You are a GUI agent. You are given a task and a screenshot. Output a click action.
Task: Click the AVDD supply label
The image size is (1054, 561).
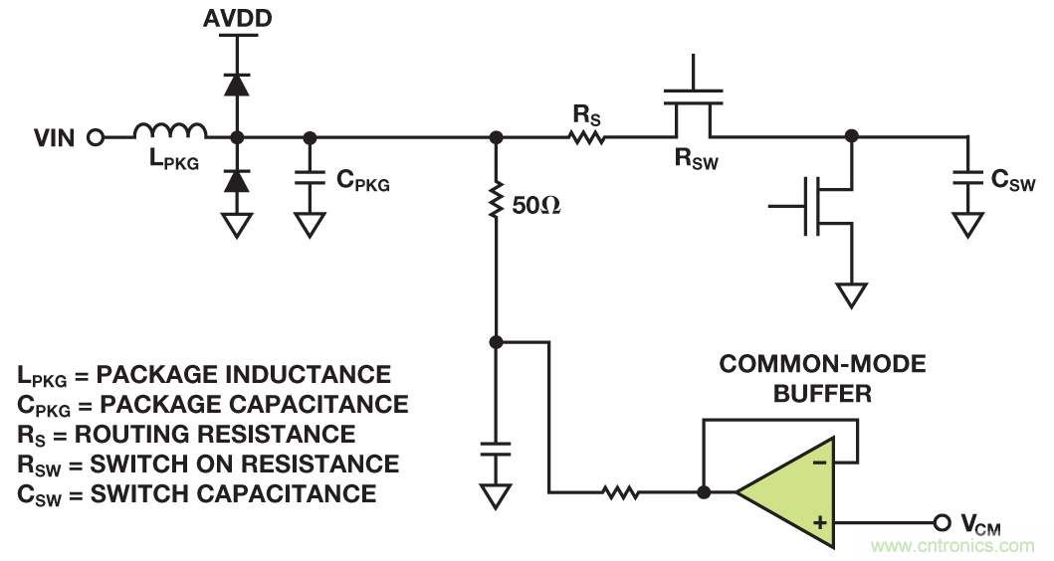237,19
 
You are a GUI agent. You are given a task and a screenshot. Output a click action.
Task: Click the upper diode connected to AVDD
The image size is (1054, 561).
237,84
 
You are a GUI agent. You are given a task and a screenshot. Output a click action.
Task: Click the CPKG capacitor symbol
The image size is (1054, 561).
311,180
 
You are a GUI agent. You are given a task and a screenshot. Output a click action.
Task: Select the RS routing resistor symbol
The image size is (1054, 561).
587,137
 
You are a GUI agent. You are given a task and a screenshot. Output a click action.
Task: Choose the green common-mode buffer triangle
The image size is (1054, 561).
791,491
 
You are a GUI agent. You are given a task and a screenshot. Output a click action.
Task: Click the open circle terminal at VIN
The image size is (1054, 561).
95,137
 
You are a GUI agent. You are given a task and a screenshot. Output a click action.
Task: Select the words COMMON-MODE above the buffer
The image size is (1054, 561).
822,364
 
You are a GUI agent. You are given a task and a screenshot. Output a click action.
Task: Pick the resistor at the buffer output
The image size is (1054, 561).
620,491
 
